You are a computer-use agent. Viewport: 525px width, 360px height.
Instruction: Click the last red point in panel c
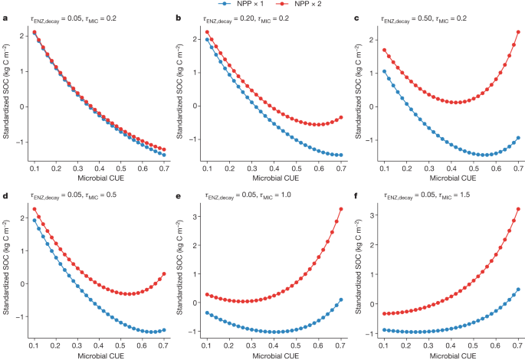(x=518, y=32)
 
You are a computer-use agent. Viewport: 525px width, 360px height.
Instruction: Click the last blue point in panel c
(x=518, y=138)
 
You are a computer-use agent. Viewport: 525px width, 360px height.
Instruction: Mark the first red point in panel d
(x=34, y=209)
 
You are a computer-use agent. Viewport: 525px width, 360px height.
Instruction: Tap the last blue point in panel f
(x=518, y=290)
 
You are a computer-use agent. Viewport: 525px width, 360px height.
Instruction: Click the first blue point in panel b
(x=207, y=39)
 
